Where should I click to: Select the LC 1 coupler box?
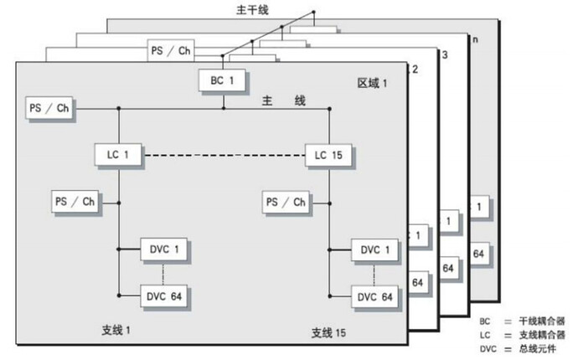[118, 155]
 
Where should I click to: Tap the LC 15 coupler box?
[329, 155]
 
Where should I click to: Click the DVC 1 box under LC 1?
[165, 249]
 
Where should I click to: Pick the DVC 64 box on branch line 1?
[165, 296]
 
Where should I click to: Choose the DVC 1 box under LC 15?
[375, 249]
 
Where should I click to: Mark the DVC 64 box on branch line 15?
[375, 296]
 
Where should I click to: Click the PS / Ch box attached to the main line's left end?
[48, 108]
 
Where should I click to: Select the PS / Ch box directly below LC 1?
[75, 202]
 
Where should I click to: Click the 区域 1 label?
[373, 84]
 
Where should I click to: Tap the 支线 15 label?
[330, 333]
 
